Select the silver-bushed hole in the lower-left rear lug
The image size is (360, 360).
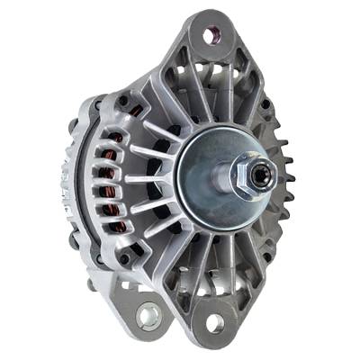coord(148,315)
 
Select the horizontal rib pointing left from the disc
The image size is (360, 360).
coord(153,180)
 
